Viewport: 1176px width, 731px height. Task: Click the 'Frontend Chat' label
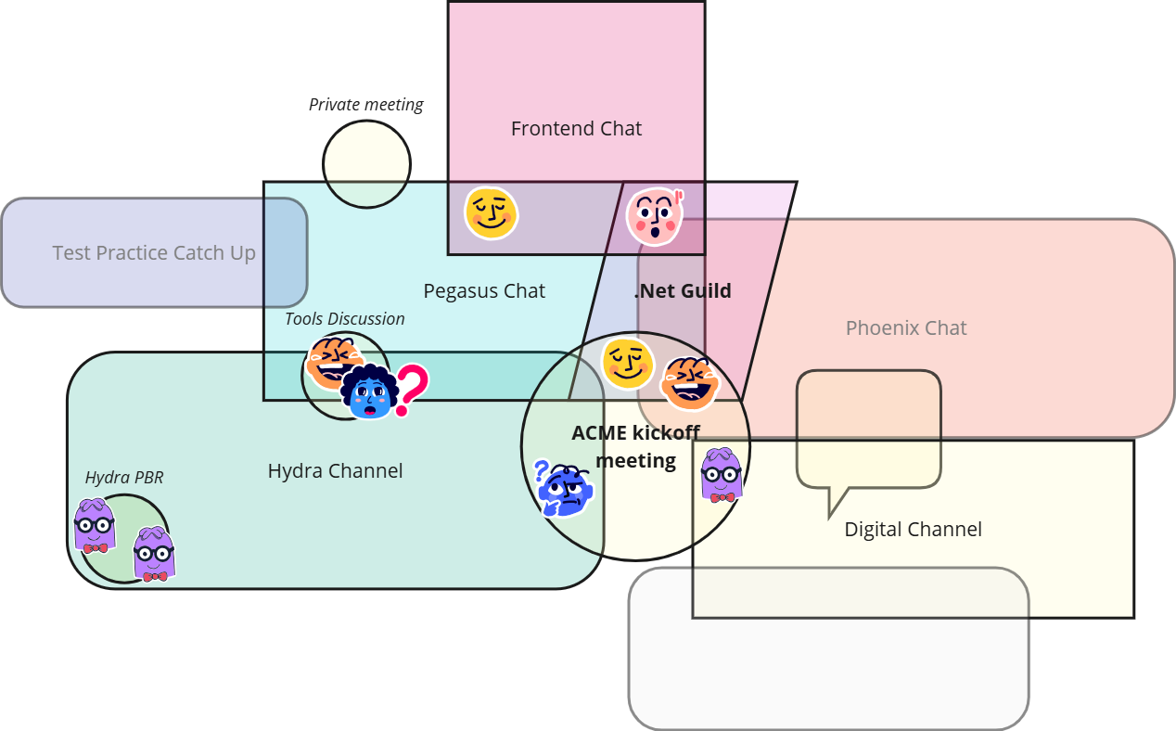(576, 128)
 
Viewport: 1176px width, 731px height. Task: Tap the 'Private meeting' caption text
(365, 105)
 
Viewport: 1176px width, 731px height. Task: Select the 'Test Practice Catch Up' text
(154, 252)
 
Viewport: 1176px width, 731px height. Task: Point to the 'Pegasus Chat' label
(484, 290)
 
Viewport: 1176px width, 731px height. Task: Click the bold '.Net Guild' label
(683, 290)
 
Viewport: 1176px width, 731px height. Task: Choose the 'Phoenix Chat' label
(906, 327)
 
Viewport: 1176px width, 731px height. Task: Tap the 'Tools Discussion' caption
(345, 318)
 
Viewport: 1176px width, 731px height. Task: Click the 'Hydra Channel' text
(335, 470)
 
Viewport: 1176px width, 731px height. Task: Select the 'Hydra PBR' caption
(124, 478)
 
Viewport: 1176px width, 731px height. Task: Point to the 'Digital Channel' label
(913, 529)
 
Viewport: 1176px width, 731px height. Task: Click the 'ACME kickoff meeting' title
(636, 446)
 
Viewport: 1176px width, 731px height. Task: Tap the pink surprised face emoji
(655, 216)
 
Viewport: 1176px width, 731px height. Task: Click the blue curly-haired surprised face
(370, 392)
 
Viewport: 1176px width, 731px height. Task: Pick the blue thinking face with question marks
(564, 488)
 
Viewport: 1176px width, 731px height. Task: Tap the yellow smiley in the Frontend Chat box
(491, 212)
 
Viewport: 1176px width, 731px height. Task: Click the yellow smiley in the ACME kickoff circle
(628, 363)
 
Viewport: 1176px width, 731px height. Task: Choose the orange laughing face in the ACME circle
(689, 382)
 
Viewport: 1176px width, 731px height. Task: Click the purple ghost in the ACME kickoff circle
(721, 475)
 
